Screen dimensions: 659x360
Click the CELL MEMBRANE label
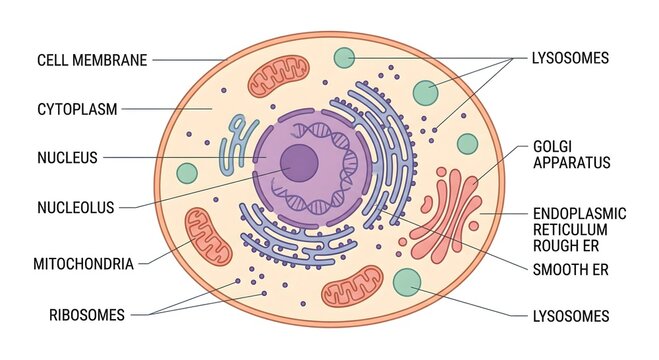pyautogui.click(x=92, y=60)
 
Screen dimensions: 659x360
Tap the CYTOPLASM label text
pyautogui.click(x=78, y=108)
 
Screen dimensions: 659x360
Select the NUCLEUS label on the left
pyautogui.click(x=67, y=158)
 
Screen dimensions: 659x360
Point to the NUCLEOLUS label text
pyautogui.click(x=75, y=208)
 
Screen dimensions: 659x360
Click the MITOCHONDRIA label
pyautogui.click(x=83, y=265)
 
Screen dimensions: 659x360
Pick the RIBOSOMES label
pyautogui.click(x=87, y=315)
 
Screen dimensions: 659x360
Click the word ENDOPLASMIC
pyautogui.click(x=580, y=214)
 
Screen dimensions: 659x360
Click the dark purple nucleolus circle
pyautogui.click(x=298, y=162)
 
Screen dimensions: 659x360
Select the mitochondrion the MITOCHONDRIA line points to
pyautogui.click(x=209, y=238)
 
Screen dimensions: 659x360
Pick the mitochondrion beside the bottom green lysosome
pyautogui.click(x=352, y=286)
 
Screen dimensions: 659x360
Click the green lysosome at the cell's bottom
pyautogui.click(x=407, y=283)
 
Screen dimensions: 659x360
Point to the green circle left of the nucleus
pyautogui.click(x=187, y=173)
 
